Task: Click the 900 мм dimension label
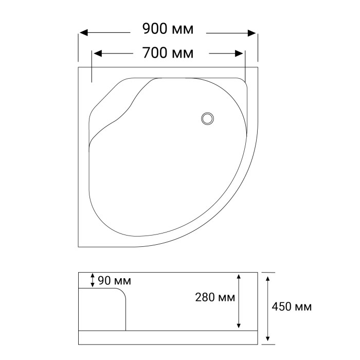pyautogui.click(x=168, y=29)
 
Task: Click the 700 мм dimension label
pyautogui.click(x=168, y=53)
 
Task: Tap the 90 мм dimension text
pyautogui.click(x=114, y=281)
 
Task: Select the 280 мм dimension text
pyautogui.click(x=215, y=297)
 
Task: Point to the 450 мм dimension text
pyautogui.click(x=292, y=307)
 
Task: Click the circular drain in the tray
pyautogui.click(x=208, y=118)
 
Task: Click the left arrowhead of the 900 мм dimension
pyautogui.click(x=83, y=33)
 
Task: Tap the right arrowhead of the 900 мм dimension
pyautogui.click(x=252, y=33)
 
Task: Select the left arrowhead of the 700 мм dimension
pyautogui.click(x=98, y=53)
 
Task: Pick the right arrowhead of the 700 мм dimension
pyautogui.click(x=239, y=53)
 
